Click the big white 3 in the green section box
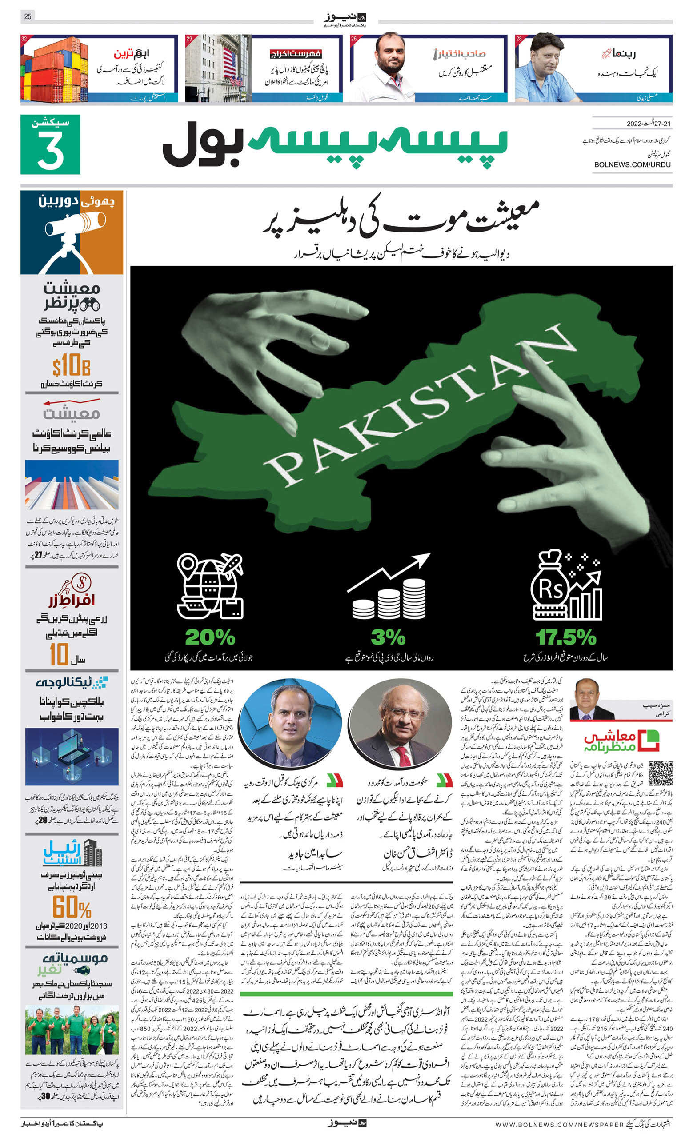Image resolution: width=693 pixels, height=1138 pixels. [50, 150]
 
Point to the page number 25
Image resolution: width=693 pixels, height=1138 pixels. [28, 16]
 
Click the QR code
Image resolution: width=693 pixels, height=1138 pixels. [660, 773]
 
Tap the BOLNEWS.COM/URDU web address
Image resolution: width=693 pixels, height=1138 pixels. [632, 165]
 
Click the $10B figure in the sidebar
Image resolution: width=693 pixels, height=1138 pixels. [71, 366]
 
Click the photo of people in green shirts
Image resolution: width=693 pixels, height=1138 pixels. [72, 1030]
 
